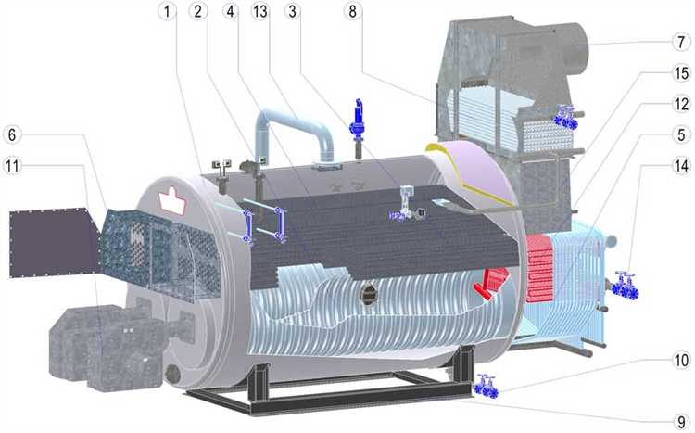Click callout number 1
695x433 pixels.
point(167,11)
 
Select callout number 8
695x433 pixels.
point(352,11)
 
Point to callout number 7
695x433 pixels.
point(681,42)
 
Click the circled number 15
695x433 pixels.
point(681,73)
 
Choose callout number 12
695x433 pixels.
point(681,104)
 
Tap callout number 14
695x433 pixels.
point(681,166)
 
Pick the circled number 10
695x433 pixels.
point(681,360)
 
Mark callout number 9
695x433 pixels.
point(681,422)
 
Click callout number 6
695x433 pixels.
point(12,134)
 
